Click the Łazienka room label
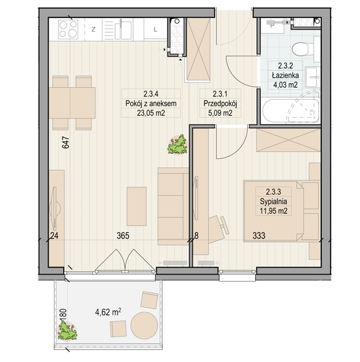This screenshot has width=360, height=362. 285,75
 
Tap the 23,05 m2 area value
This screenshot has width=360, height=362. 151,113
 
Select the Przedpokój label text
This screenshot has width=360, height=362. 220,104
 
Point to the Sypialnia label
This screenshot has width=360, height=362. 273,201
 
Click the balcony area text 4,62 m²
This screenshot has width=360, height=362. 108,312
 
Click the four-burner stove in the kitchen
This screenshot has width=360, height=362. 68,29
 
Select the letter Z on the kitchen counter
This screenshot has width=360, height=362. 93,29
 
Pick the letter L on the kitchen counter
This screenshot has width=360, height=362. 156,29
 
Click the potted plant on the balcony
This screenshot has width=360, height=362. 67,331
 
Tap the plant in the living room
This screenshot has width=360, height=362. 178,145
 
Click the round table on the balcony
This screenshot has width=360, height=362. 144,326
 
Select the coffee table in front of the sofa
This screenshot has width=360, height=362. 137,206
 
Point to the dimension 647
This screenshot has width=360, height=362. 65,143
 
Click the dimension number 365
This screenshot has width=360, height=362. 123,236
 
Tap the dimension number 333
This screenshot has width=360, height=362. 259,236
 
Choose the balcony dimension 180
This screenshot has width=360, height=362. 63,315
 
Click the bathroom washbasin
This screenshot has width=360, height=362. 313,77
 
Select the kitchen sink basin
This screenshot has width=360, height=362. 126,30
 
